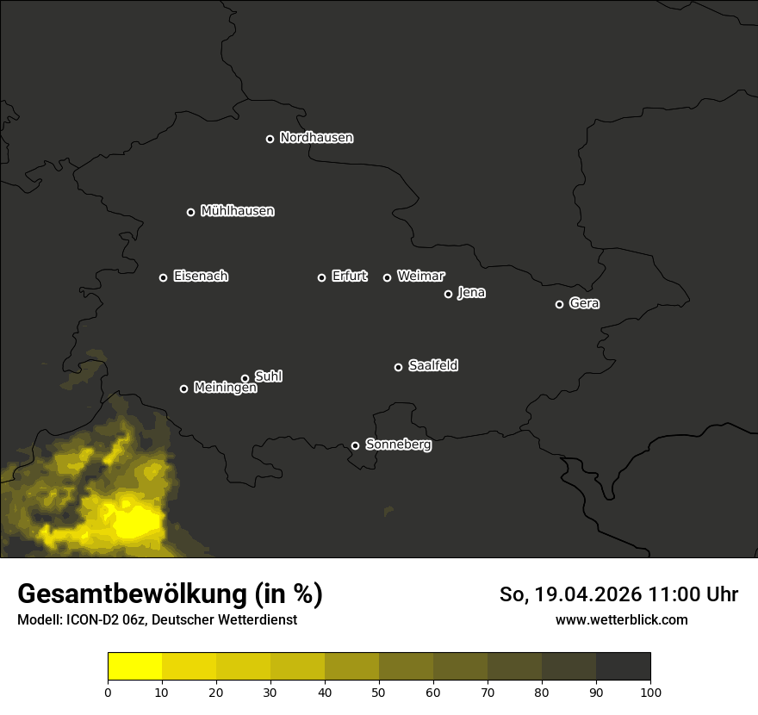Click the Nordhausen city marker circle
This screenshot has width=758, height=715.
(x=270, y=139)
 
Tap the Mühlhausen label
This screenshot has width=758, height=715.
(x=237, y=211)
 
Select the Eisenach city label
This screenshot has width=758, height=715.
(x=201, y=277)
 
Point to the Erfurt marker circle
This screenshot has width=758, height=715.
(x=321, y=277)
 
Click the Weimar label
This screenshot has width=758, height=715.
(x=421, y=277)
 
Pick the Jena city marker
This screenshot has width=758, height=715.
(x=448, y=294)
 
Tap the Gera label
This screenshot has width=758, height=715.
(x=584, y=303)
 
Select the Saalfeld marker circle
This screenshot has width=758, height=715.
(x=398, y=367)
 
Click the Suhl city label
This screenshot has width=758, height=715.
(x=269, y=376)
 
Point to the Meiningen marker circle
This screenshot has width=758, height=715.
(x=183, y=389)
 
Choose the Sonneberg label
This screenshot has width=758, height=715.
(x=398, y=445)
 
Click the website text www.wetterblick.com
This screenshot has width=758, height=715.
(x=621, y=619)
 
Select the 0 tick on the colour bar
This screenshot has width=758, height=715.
(x=108, y=692)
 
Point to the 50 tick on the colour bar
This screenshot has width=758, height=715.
(x=379, y=692)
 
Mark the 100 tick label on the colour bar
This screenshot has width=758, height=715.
(x=650, y=692)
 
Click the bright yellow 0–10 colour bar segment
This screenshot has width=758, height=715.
(x=134, y=667)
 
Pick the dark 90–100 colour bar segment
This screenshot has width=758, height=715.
(x=623, y=667)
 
